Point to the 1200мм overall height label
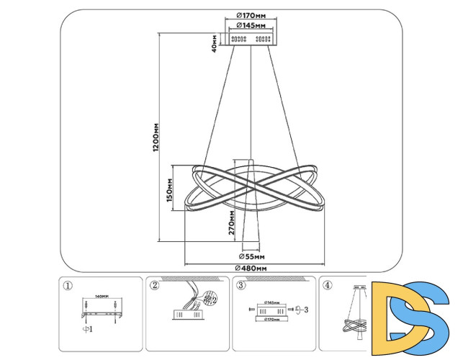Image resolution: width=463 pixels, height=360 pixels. (x=156, y=137)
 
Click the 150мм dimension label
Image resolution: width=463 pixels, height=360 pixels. (x=170, y=190)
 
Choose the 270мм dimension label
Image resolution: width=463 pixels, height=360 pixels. (x=232, y=224)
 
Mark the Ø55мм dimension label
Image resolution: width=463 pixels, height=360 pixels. (x=251, y=256)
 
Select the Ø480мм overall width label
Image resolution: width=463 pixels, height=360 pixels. (x=251, y=269)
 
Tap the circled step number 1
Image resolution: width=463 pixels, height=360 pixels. (x=68, y=285)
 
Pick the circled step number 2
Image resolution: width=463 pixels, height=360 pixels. (x=154, y=285)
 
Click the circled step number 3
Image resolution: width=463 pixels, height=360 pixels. (x=241, y=285)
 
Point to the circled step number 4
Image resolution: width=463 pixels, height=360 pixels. (x=328, y=285)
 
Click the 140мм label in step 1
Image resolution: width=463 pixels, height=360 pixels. (x=102, y=296)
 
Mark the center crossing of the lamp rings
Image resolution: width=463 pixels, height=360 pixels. (x=251, y=186)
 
